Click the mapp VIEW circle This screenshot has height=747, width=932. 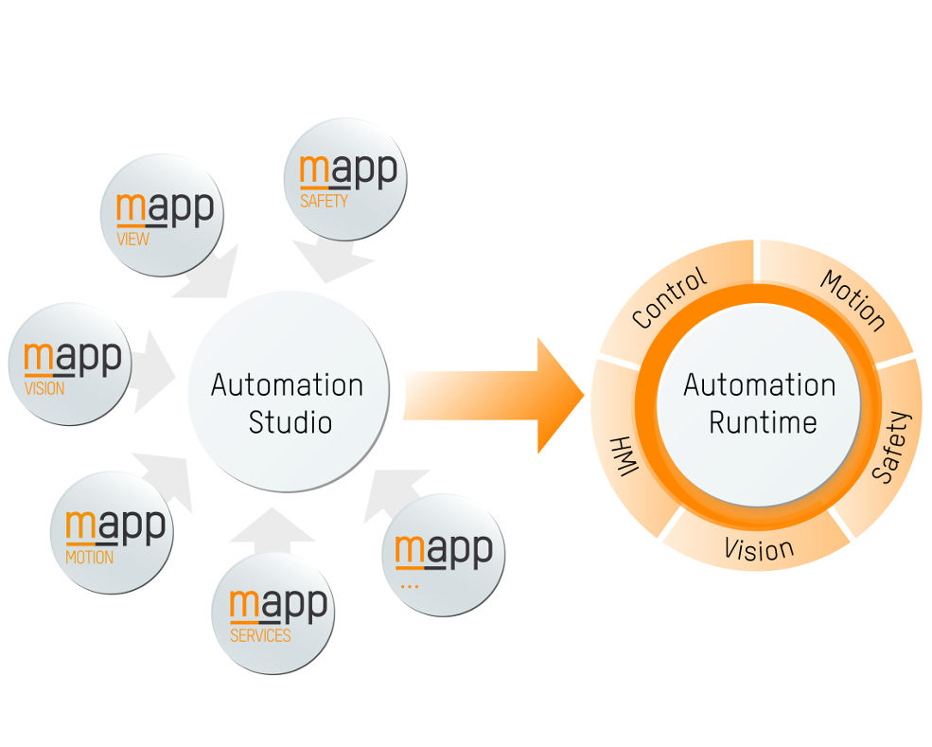coord(162,215)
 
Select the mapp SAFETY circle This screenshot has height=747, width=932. coord(345,178)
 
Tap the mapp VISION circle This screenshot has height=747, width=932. coord(70,364)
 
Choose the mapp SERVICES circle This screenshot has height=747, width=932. coord(273,611)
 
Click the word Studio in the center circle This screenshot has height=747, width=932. coord(290,421)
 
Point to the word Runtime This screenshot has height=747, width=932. coord(763,421)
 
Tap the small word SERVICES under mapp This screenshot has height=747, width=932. coord(260,635)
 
